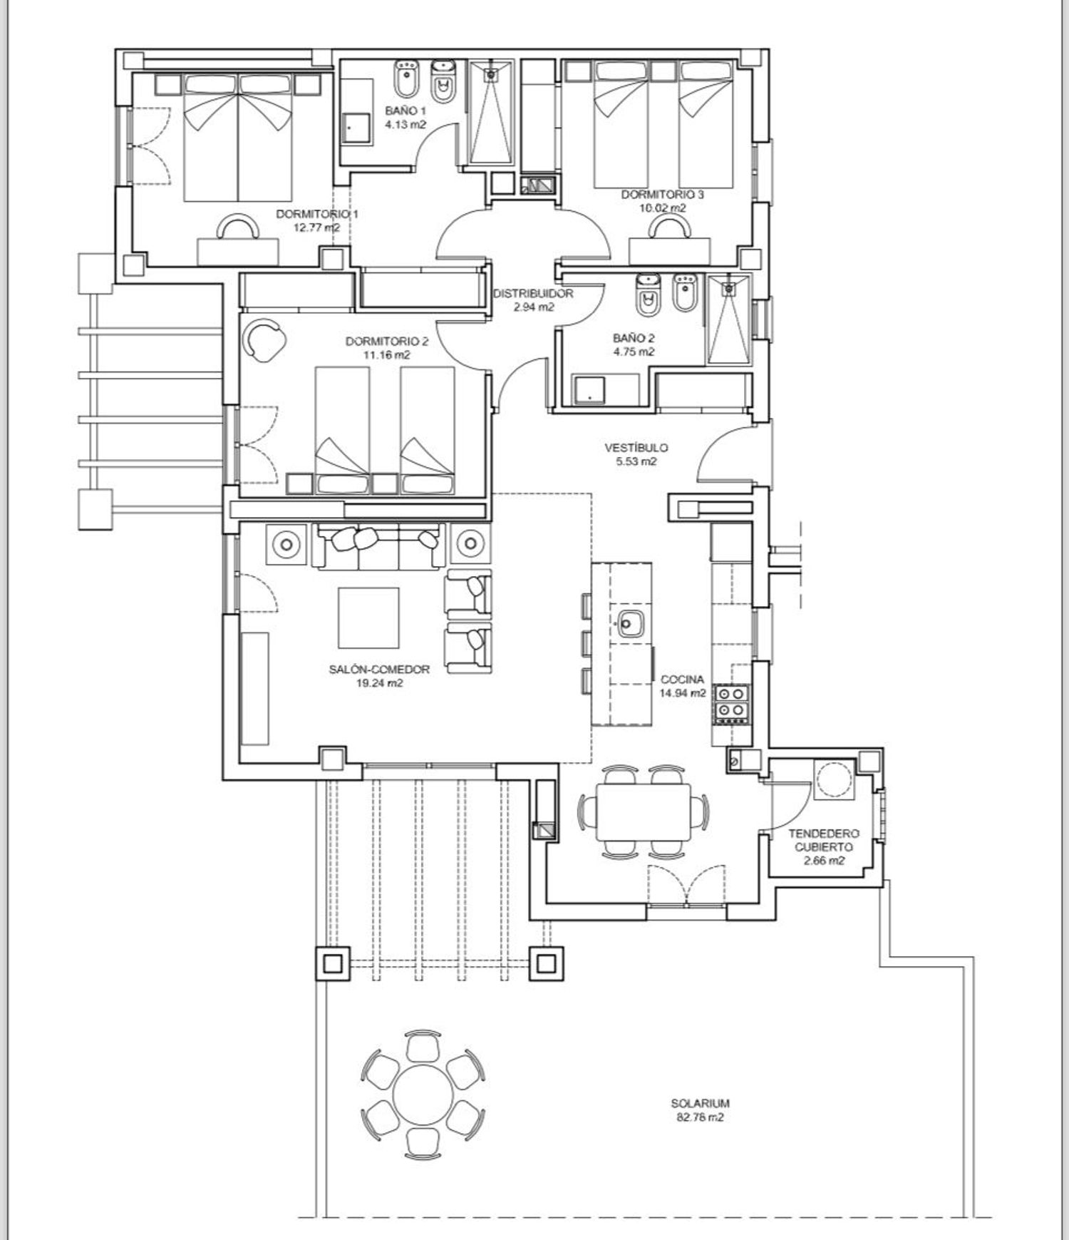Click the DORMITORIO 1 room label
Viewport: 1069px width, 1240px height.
316,214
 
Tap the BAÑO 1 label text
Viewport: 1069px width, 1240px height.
406,111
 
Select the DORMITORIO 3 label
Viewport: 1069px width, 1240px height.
663,194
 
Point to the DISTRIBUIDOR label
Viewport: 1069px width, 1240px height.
532,293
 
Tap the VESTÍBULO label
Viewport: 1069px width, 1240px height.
636,448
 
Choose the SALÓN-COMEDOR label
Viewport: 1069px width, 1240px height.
379,669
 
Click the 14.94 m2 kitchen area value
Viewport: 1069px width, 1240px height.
683,692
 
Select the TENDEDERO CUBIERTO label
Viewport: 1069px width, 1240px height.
824,840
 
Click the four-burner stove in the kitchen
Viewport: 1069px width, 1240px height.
732,702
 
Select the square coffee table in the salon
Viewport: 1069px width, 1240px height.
368,617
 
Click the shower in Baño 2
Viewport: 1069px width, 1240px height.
728,319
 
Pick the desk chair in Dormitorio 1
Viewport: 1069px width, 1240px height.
238,228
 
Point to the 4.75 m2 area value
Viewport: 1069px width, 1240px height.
634,352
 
